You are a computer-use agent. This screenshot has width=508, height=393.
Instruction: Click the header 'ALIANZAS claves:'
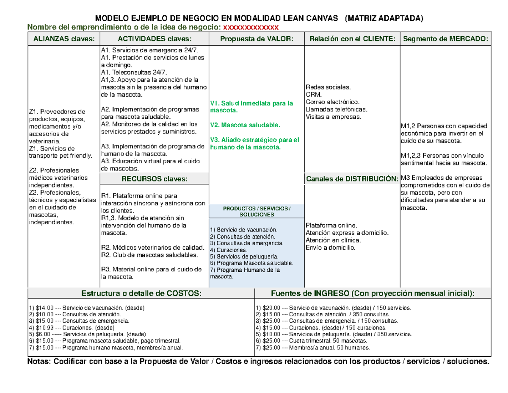(x=62, y=39)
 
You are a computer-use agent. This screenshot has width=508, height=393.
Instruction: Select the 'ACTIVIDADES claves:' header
(x=154, y=39)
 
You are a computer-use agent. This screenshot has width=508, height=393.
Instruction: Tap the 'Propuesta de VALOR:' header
(x=257, y=39)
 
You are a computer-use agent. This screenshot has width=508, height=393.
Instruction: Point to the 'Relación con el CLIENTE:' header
(x=352, y=39)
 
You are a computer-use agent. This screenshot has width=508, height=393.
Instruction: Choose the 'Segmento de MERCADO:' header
(x=445, y=39)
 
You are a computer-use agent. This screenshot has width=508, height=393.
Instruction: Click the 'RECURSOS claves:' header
(x=154, y=179)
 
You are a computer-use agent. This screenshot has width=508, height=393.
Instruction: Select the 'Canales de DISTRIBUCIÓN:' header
(x=352, y=179)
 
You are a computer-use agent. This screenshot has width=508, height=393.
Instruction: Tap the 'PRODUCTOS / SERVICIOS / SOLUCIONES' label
(x=257, y=212)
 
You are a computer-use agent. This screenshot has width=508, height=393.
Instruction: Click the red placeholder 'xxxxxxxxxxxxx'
(x=251, y=28)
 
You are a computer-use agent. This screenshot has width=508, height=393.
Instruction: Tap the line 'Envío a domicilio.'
(x=330, y=248)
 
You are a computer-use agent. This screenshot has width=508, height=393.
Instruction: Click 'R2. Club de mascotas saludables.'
(x=149, y=255)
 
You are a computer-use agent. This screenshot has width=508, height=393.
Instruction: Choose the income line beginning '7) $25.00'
(x=313, y=348)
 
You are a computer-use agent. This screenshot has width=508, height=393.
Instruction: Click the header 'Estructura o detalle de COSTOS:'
(x=141, y=294)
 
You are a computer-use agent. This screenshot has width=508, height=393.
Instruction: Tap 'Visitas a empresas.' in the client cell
(x=333, y=117)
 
